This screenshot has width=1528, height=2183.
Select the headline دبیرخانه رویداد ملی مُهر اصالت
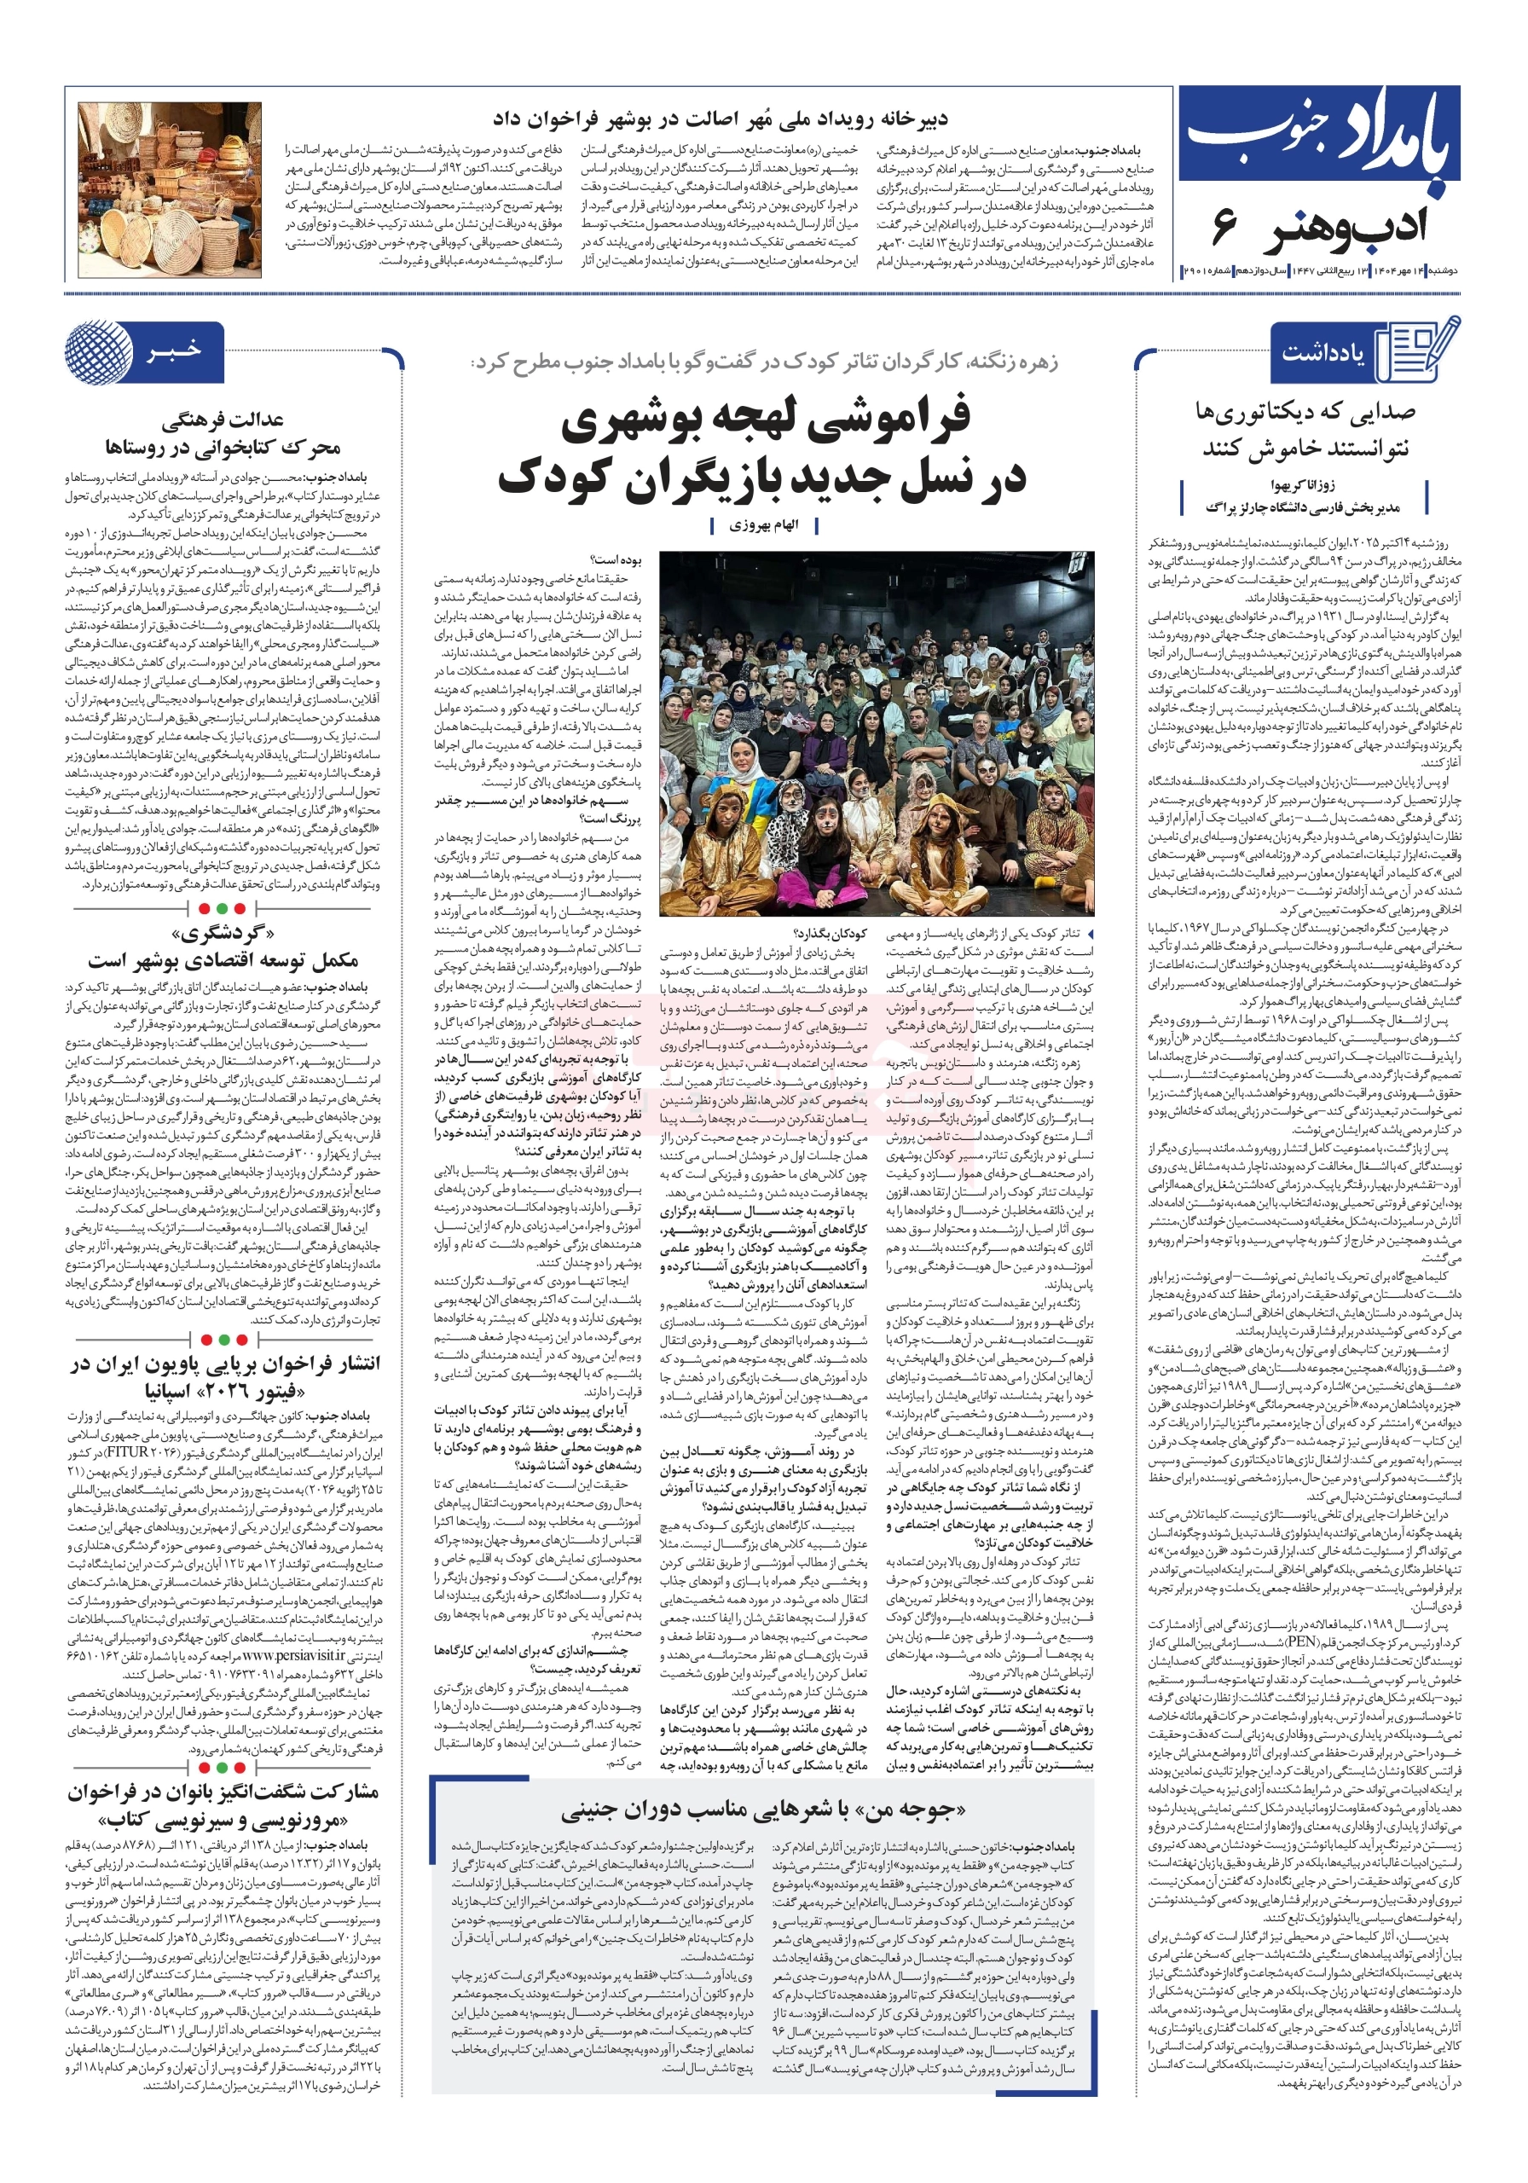[x=720, y=119]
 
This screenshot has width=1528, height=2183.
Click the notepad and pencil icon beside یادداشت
[x=1418, y=349]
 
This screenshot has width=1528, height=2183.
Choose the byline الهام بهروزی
[x=763, y=524]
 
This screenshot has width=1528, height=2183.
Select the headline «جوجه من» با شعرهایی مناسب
[x=762, y=1810]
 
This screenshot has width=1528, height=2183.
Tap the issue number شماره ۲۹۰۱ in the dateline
[x=1206, y=272]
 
